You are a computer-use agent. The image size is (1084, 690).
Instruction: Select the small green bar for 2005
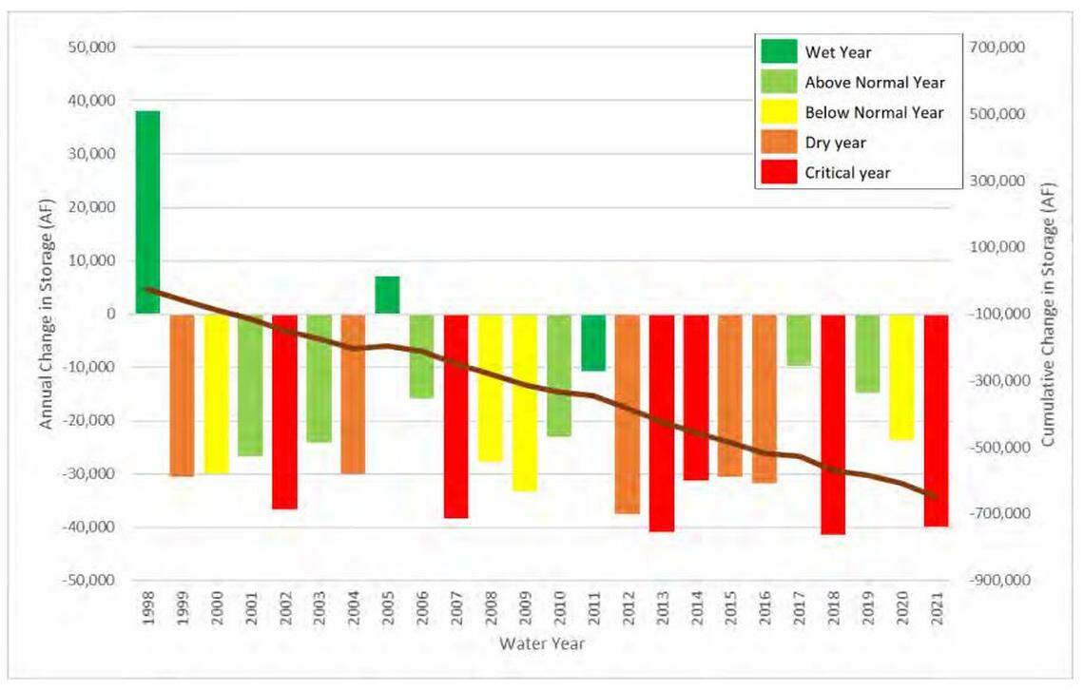click(x=387, y=295)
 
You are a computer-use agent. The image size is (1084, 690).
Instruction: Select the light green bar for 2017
click(x=799, y=339)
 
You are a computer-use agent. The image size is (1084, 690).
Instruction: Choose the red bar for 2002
click(x=284, y=412)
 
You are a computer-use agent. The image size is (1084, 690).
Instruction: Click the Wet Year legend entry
click(x=839, y=51)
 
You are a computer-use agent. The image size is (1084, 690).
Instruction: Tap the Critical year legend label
click(x=847, y=173)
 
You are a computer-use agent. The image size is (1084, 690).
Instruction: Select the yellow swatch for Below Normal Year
click(x=778, y=112)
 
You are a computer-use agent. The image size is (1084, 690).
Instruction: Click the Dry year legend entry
click(x=835, y=143)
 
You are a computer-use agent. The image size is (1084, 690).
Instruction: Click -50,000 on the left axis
click(x=86, y=581)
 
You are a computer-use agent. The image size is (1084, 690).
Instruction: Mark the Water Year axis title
click(x=542, y=644)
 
